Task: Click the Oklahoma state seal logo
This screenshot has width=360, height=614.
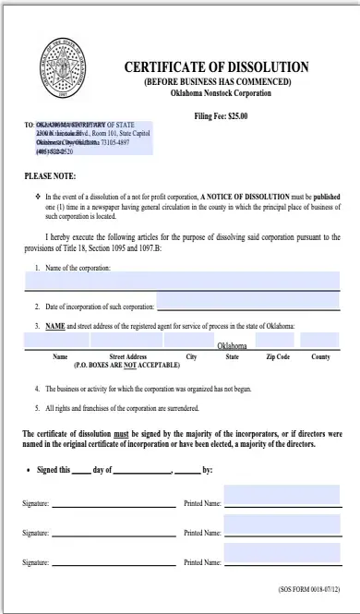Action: tap(62, 69)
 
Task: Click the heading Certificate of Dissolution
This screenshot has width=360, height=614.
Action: tap(217, 67)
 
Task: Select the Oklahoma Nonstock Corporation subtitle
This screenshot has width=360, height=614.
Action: tap(217, 93)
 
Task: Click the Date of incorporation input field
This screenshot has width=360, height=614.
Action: tap(247, 306)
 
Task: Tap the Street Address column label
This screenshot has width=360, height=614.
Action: tap(128, 356)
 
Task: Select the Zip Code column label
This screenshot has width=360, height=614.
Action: tap(278, 356)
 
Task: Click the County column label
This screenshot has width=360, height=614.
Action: tap(320, 356)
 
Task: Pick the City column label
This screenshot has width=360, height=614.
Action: tap(191, 356)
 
